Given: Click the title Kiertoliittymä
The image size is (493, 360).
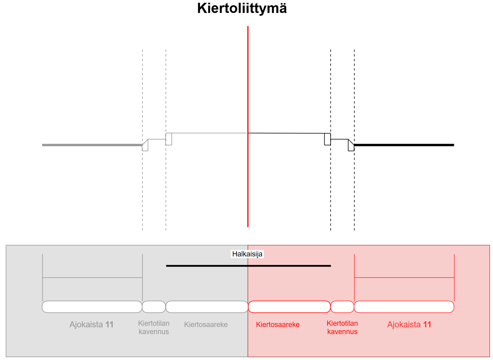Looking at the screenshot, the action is pyautogui.click(x=242, y=9).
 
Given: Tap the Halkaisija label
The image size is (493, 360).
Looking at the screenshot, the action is pyautogui.click(x=247, y=254).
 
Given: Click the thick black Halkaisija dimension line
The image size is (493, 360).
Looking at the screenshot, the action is pyautogui.click(x=248, y=266).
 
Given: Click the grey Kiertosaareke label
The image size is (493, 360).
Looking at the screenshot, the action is pyautogui.click(x=206, y=325).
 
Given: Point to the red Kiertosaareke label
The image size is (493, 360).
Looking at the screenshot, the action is pyautogui.click(x=278, y=325).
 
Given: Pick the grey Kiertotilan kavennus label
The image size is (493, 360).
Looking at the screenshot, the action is pyautogui.click(x=154, y=328).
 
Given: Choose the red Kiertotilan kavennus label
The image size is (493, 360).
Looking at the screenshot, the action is pyautogui.click(x=342, y=328).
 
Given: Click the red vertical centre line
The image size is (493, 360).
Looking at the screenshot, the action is pyautogui.click(x=248, y=126).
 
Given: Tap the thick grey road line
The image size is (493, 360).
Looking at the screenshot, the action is pyautogui.click(x=92, y=145).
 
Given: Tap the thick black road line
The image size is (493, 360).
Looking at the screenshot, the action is pyautogui.click(x=404, y=145).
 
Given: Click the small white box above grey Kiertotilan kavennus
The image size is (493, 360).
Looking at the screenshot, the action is pyautogui.click(x=154, y=307).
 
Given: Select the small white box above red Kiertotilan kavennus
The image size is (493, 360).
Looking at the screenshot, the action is pyautogui.click(x=342, y=307).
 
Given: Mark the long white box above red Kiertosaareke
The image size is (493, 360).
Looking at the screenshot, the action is pyautogui.click(x=289, y=307).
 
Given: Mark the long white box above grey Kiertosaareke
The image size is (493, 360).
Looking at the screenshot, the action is pyautogui.click(x=207, y=307).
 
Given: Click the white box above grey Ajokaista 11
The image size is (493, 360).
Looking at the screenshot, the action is pyautogui.click(x=92, y=307).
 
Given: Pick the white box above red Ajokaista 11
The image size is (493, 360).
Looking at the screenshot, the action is pyautogui.click(x=404, y=307).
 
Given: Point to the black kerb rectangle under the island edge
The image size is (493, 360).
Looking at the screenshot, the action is pyautogui.click(x=328, y=139).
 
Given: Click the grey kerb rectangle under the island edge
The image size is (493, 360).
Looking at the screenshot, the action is pyautogui.click(x=169, y=139).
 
